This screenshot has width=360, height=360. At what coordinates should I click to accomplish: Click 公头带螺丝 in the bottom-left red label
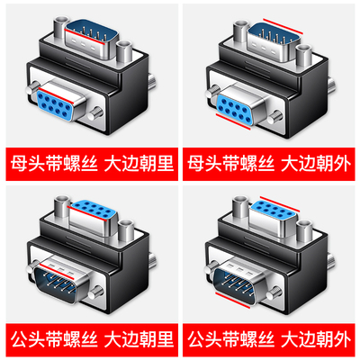46,343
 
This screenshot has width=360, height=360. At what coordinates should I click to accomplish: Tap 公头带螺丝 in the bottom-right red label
226,343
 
